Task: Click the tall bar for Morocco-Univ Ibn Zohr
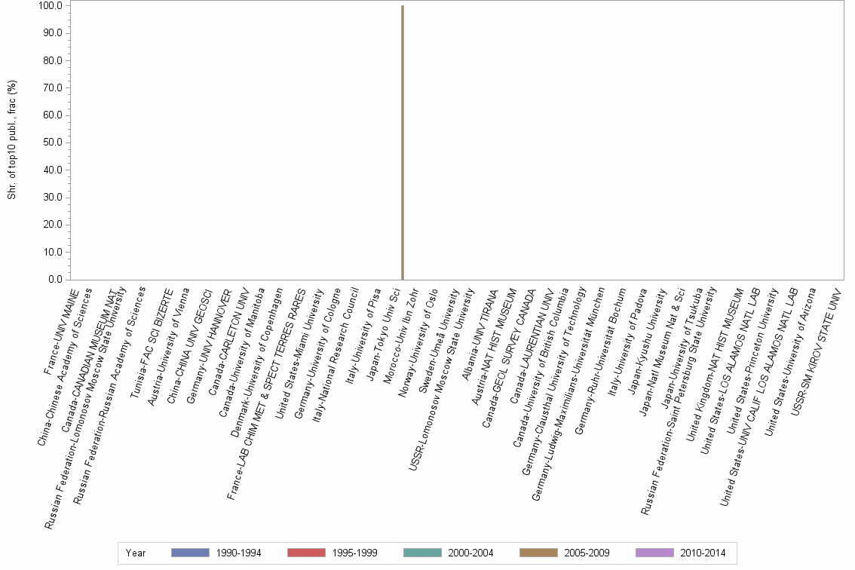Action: click(403, 143)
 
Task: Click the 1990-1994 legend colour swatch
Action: click(189, 553)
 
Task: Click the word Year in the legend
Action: click(136, 553)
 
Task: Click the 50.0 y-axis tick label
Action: click(53, 142)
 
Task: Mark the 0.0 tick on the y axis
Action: click(55, 280)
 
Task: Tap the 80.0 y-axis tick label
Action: click(53, 60)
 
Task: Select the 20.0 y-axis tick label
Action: click(53, 225)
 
